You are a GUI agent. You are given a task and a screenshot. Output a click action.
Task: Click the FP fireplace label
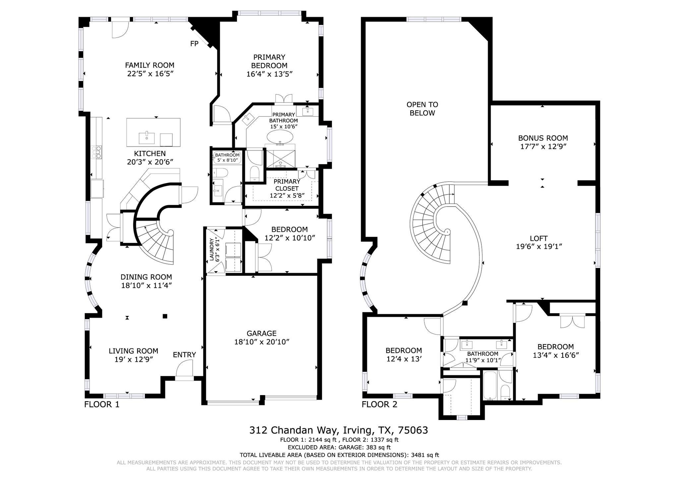click(194, 43)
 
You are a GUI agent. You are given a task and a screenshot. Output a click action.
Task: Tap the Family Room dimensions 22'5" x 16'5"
click(150, 74)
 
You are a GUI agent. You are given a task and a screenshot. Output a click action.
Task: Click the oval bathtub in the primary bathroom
click(280, 136)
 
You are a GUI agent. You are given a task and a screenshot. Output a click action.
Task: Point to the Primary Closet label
click(287, 185)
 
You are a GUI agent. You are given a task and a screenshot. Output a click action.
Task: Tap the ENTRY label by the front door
click(184, 355)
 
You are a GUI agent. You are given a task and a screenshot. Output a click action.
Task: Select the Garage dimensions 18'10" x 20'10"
click(262, 342)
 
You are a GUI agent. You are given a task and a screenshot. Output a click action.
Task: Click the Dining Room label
click(146, 277)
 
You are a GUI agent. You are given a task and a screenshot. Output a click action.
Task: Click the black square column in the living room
click(165, 316)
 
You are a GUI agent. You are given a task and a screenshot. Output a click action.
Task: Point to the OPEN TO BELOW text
click(422, 109)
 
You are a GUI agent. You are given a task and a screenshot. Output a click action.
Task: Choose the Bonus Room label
click(543, 138)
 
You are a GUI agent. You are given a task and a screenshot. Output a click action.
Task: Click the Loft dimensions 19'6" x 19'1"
click(539, 247)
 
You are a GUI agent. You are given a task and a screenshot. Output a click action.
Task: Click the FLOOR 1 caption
click(102, 404)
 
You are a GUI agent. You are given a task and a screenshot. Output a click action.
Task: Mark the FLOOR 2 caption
click(379, 404)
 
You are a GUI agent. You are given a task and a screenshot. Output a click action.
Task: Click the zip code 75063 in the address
click(413, 430)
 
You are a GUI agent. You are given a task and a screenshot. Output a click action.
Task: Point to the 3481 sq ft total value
click(425, 455)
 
